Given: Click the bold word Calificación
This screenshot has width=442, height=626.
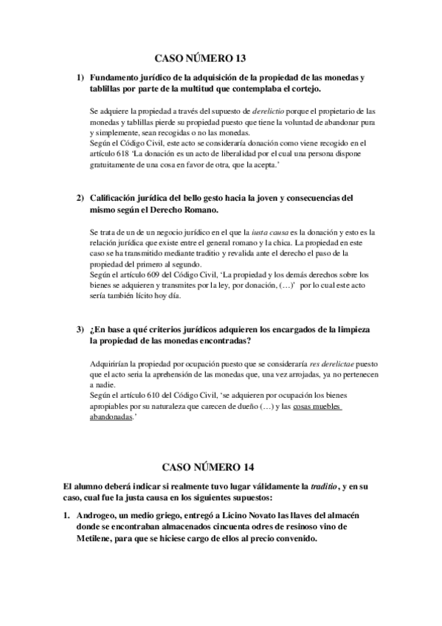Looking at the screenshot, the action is point(118,198).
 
